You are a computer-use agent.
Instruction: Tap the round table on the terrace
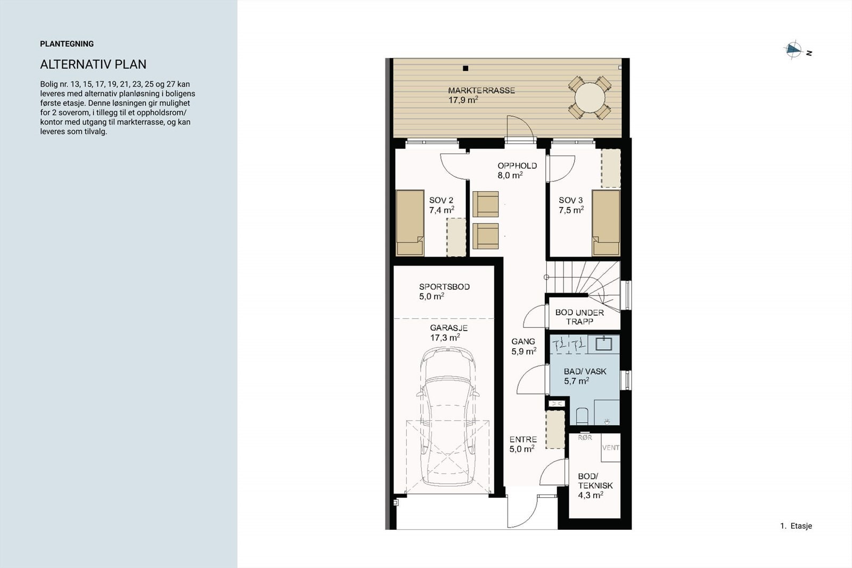click(589, 98)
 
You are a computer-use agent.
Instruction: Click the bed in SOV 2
click(410, 223)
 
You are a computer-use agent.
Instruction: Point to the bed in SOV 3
click(606, 223)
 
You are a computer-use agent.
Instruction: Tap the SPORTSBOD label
click(444, 286)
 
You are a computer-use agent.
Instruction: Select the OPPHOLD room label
click(517, 166)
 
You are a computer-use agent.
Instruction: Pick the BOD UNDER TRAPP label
click(580, 317)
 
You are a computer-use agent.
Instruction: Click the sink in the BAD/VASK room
click(604, 343)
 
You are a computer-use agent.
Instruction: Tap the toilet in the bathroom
click(582, 416)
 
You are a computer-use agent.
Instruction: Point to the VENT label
click(610, 448)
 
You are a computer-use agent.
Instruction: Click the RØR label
click(585, 438)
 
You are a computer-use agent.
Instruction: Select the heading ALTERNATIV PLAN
click(93, 64)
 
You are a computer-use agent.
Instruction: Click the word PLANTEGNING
click(67, 44)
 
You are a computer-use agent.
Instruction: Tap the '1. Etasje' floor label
click(796, 526)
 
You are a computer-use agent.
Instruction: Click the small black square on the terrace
click(465, 69)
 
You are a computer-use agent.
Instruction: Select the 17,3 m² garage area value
click(445, 337)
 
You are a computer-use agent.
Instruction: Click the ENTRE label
click(523, 440)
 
